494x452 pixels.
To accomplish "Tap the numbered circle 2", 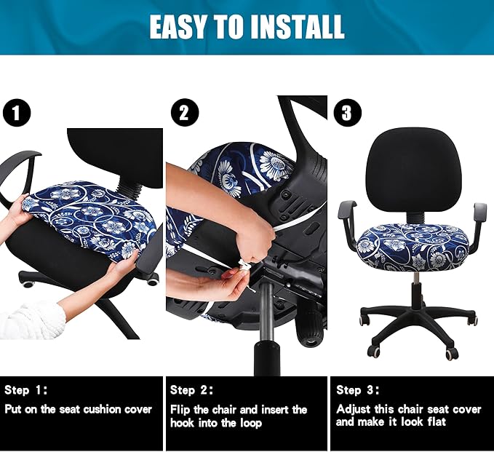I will (x=184, y=114).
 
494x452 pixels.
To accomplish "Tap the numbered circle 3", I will (x=346, y=114).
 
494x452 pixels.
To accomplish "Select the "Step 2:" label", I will (x=193, y=390).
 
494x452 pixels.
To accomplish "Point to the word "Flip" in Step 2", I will (x=181, y=410).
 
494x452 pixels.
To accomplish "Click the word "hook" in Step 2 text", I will (x=183, y=422).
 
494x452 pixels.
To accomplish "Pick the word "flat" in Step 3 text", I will (x=442, y=422).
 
